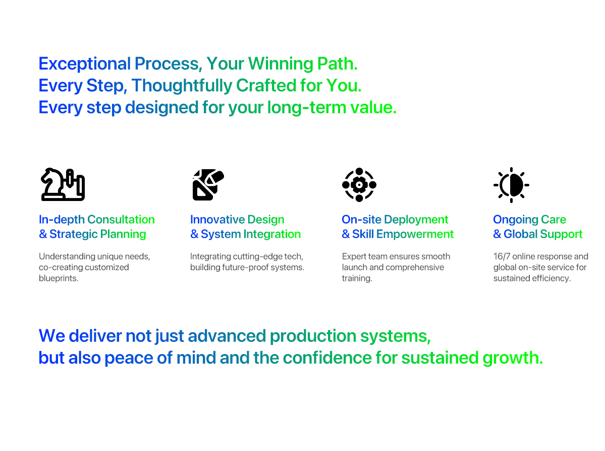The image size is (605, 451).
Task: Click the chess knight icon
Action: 63,184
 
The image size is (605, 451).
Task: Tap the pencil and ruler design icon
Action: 208,184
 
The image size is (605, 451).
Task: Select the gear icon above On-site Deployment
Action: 359,184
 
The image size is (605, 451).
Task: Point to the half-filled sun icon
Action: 511,185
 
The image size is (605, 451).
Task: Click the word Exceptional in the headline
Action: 85,64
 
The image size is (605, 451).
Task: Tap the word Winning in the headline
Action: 281,64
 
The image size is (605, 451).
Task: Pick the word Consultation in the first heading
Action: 121,219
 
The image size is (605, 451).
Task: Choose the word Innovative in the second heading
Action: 217,219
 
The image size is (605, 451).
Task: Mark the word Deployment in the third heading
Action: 416,219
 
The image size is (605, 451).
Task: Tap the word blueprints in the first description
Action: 59,278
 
